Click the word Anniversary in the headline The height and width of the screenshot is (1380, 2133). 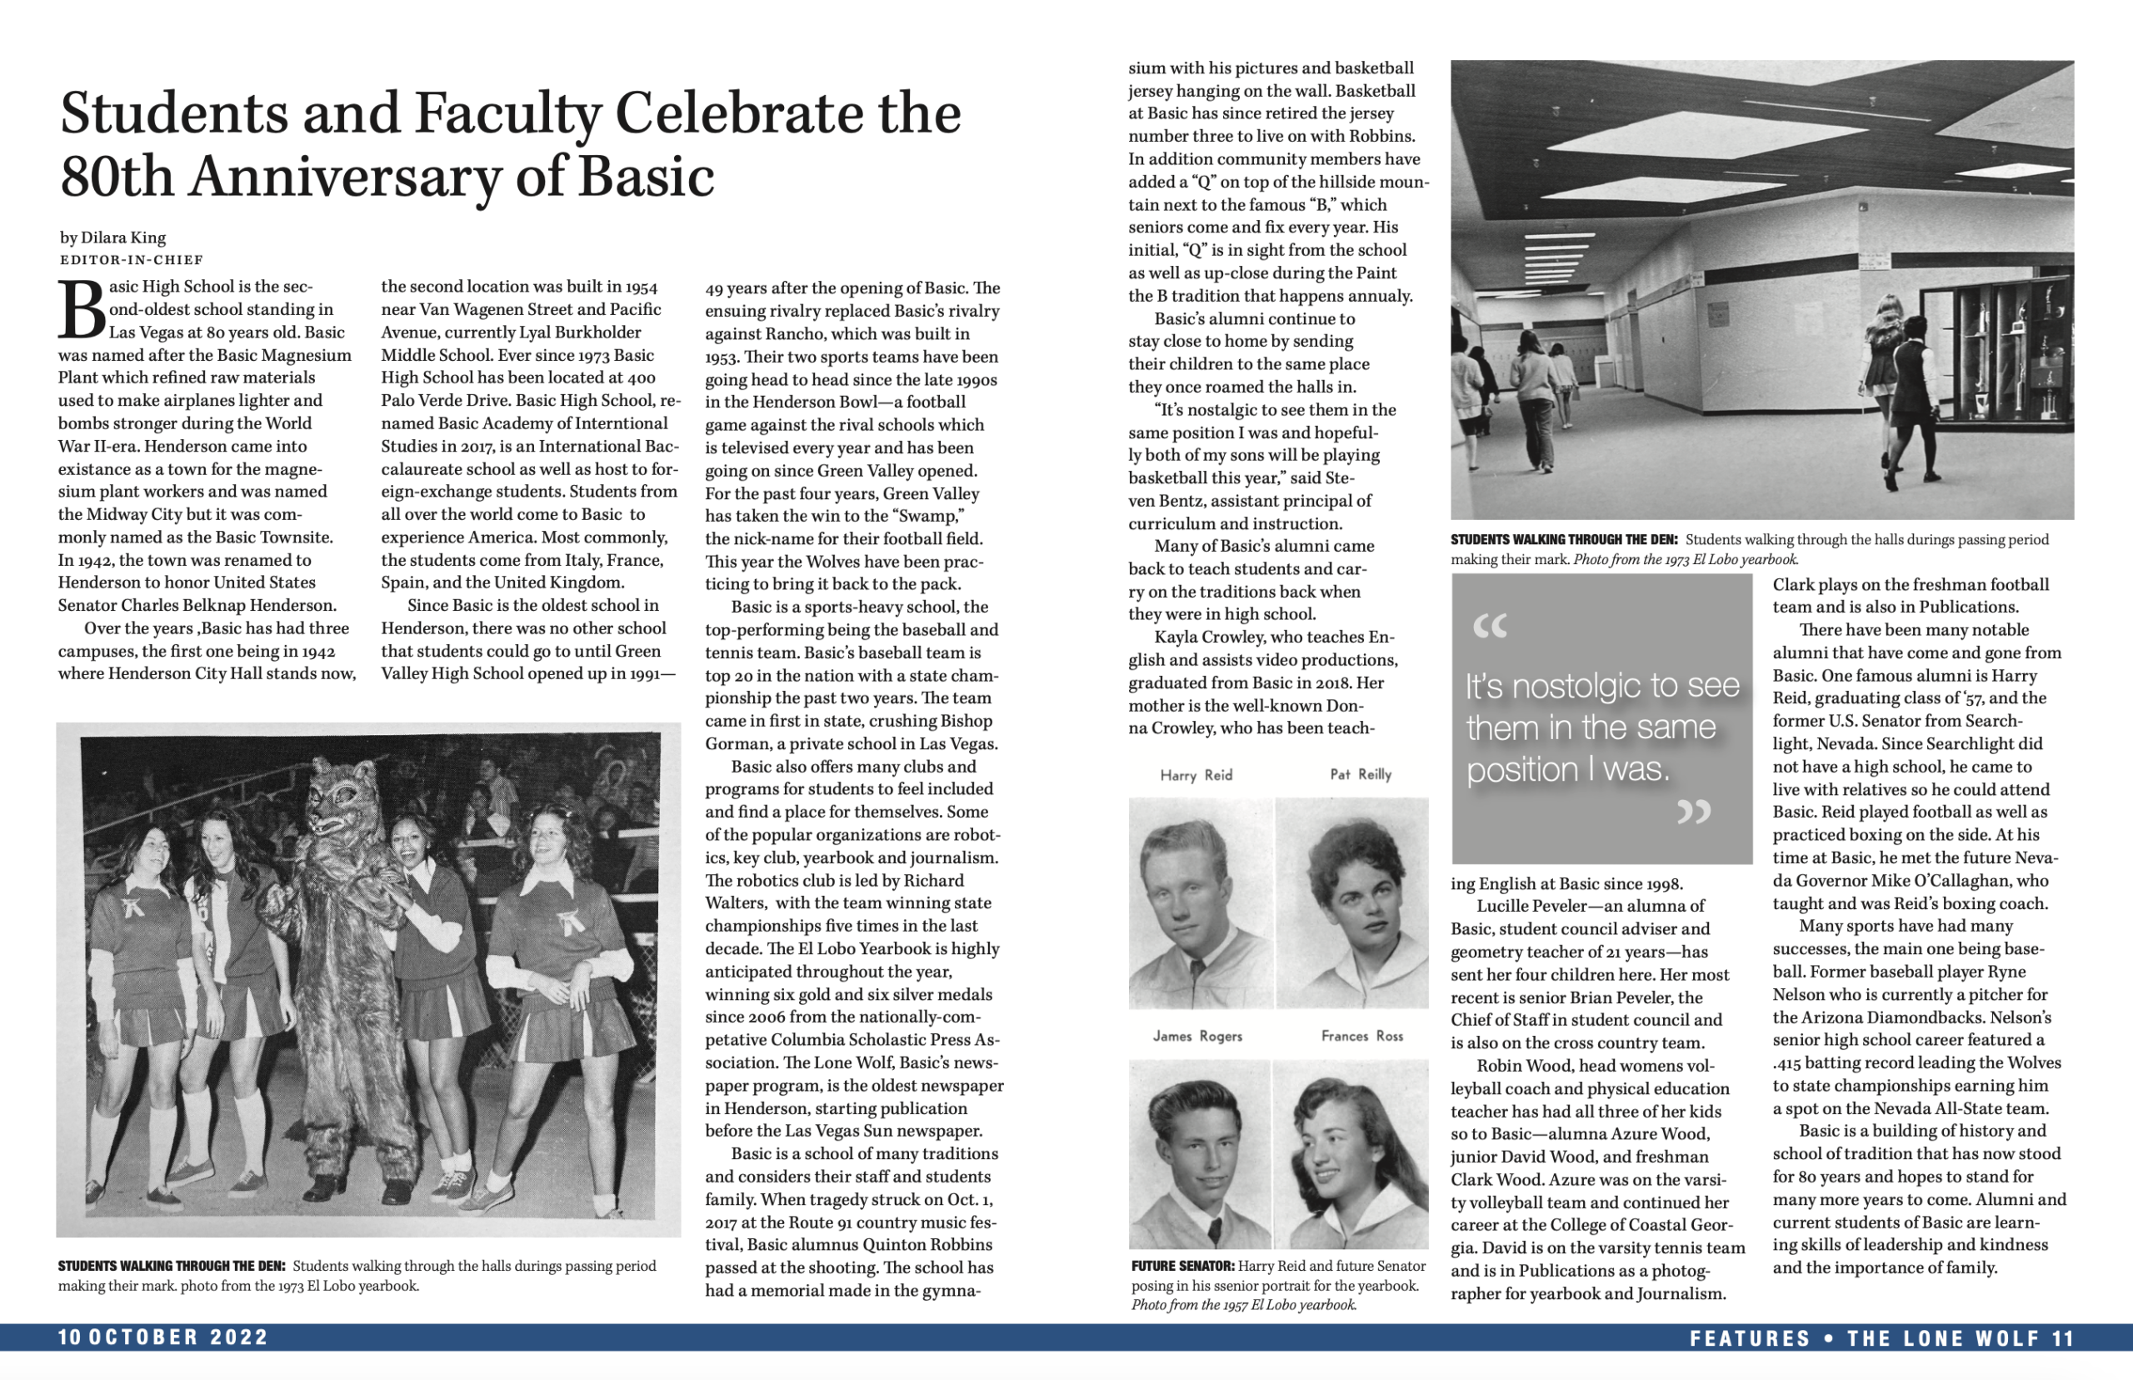click(x=344, y=176)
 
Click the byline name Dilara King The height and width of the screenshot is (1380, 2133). click(x=122, y=237)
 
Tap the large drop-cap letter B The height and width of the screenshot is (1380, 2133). click(x=82, y=310)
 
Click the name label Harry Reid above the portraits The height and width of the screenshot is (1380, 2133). click(x=1196, y=775)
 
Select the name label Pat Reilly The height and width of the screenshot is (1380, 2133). click(x=1360, y=774)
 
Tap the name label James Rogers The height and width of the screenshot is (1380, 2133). click(x=1196, y=1036)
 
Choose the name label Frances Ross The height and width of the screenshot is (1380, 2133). click(x=1361, y=1036)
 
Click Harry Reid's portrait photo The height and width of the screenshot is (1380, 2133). click(x=1199, y=903)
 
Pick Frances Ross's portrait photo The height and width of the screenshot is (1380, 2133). click(x=1351, y=1156)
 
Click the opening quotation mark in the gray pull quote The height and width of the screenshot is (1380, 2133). click(x=1490, y=627)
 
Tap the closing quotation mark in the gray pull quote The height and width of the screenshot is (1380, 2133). click(x=1693, y=811)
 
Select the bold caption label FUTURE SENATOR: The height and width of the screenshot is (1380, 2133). click(x=1182, y=1266)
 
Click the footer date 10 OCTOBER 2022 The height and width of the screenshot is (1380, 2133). click(x=163, y=1337)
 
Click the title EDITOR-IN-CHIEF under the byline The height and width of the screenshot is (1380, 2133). click(x=132, y=260)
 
